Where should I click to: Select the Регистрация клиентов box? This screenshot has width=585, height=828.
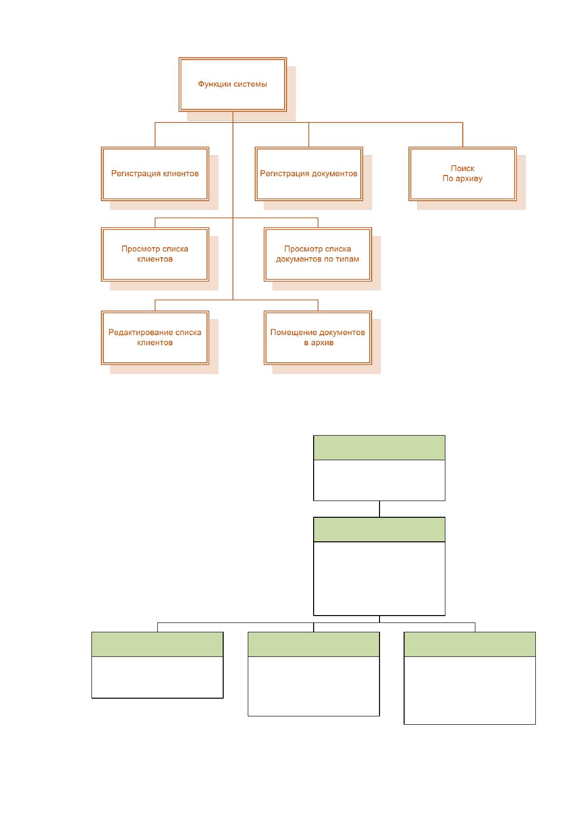tap(155, 174)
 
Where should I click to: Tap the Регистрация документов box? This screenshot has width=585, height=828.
tap(309, 174)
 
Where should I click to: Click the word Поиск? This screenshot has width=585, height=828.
tap(462, 169)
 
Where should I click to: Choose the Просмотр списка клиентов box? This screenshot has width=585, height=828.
tap(155, 254)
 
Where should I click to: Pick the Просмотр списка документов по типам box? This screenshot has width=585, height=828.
tap(318, 254)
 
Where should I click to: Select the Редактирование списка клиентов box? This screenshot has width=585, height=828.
tap(155, 337)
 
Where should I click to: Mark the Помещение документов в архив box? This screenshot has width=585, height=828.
tap(318, 337)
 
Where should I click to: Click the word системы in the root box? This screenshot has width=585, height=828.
tap(250, 84)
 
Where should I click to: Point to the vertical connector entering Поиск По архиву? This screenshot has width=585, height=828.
tap(462, 135)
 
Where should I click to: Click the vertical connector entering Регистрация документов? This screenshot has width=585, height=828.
tap(309, 135)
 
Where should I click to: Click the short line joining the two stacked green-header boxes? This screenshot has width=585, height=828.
tap(379, 509)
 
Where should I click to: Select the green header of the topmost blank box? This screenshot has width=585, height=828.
tap(379, 447)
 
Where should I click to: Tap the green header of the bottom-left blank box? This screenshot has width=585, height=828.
tap(157, 644)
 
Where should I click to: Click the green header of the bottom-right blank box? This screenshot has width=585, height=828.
tap(469, 644)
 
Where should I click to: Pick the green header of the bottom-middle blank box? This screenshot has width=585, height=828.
tap(314, 644)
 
